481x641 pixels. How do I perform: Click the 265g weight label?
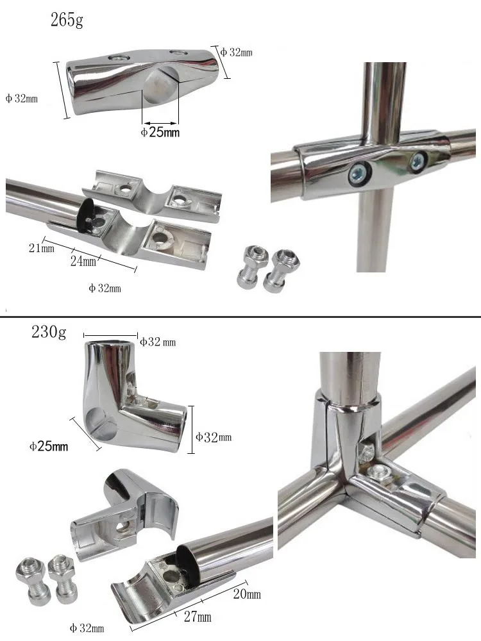pos(67,20)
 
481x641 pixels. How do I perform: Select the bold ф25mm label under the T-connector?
pos(160,133)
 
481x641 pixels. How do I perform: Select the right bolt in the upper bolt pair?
pos(282,267)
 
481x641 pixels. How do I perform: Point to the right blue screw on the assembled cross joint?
pos(419,160)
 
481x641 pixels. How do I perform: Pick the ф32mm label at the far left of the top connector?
pos(22,99)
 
